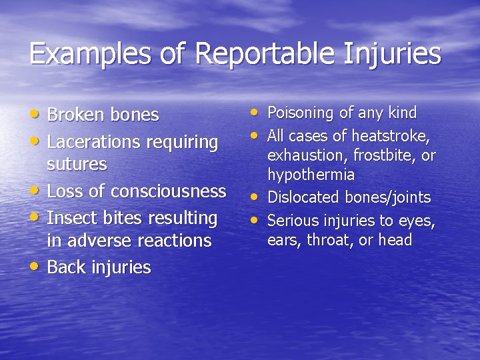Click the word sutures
click(x=77, y=164)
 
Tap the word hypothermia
click(x=311, y=175)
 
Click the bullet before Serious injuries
click(x=255, y=219)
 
